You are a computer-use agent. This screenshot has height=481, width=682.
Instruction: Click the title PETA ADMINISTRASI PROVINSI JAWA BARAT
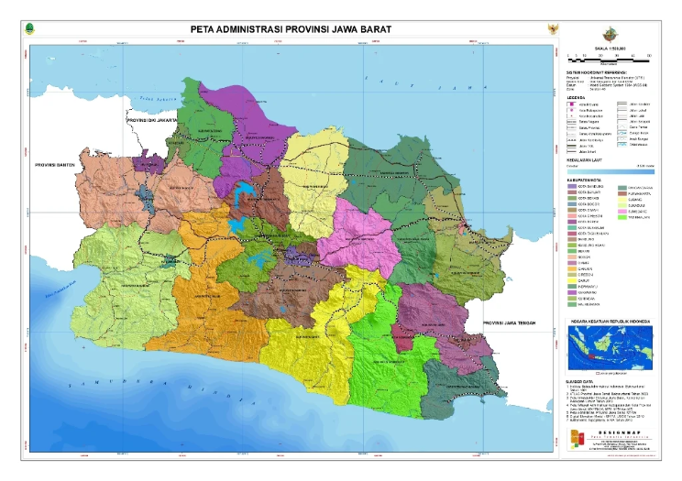coord(291,29)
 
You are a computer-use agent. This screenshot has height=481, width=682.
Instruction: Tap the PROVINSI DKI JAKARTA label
coord(152,119)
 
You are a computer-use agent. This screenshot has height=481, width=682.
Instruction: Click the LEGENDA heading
coord(577,94)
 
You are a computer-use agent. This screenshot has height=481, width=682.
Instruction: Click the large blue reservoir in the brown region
coord(246,195)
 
